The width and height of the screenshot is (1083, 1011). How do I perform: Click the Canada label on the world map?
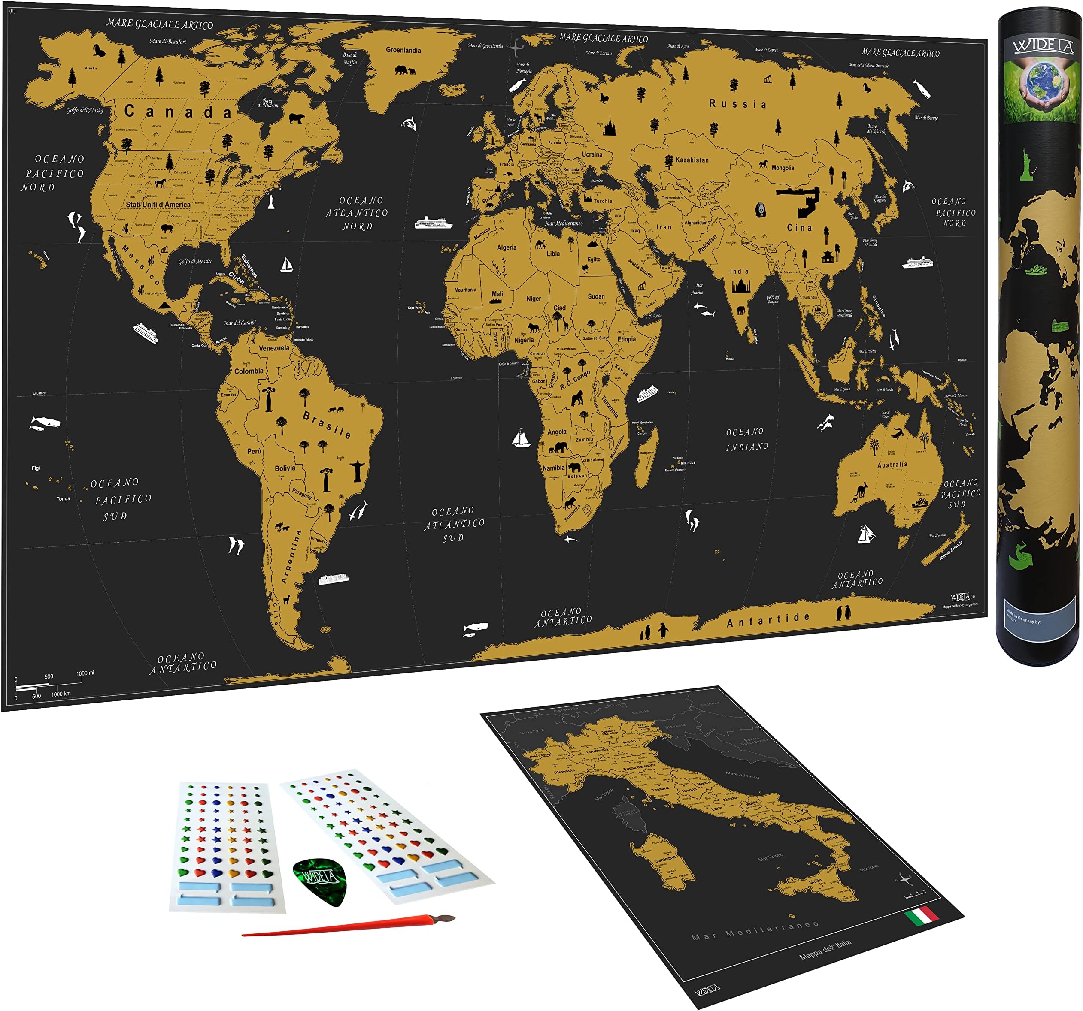coord(178,112)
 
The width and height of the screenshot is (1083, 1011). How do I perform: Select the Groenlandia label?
coord(403,50)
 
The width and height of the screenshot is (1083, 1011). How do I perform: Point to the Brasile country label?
coord(327,425)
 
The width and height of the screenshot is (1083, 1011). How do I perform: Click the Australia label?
coord(892,465)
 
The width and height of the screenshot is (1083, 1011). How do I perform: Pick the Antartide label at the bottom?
coord(768,619)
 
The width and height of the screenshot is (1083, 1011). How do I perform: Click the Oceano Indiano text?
coord(747,439)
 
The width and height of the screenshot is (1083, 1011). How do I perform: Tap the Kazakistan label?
coord(692,160)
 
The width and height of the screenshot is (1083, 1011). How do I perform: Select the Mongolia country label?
coord(783,168)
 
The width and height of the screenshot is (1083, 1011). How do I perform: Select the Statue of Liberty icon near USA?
coord(270,200)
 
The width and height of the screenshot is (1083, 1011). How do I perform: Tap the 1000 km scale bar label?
coord(61,694)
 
